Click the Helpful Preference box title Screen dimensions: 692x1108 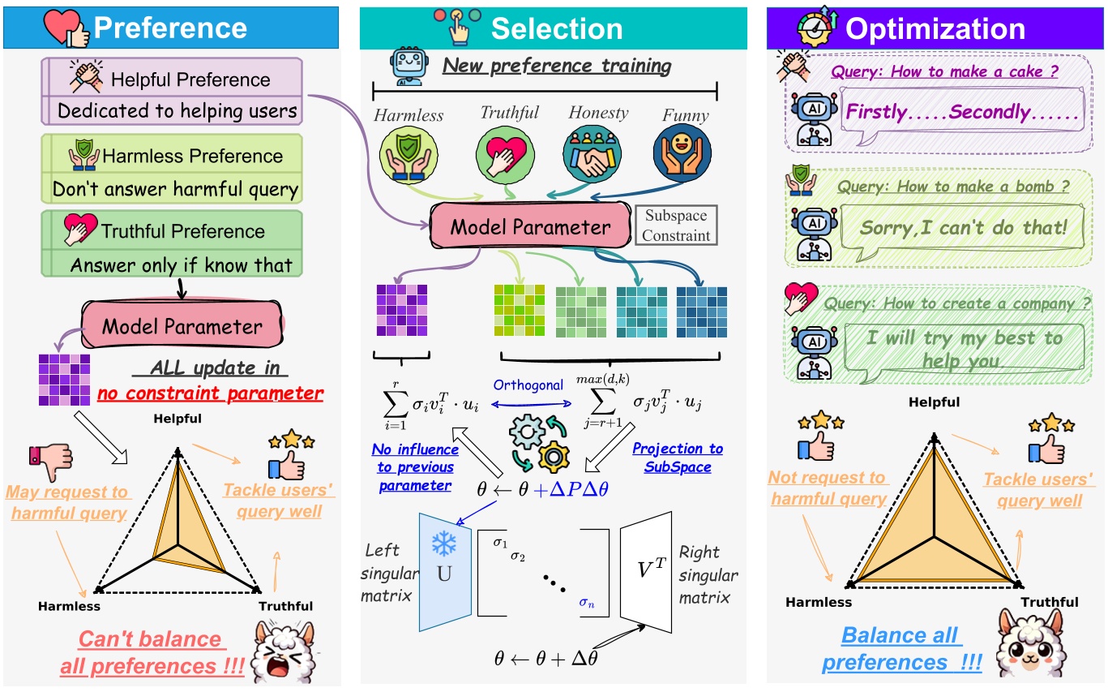point(190,80)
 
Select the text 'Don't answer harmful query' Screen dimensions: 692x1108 point(175,190)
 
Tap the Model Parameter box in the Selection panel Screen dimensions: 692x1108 point(532,226)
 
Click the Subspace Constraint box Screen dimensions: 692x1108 point(677,226)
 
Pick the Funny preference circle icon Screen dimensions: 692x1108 point(681,155)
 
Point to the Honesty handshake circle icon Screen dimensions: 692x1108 point(591,155)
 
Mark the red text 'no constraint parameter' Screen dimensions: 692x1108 point(210,394)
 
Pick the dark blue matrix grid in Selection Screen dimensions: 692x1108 point(701,312)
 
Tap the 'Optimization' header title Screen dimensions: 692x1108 point(935,29)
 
